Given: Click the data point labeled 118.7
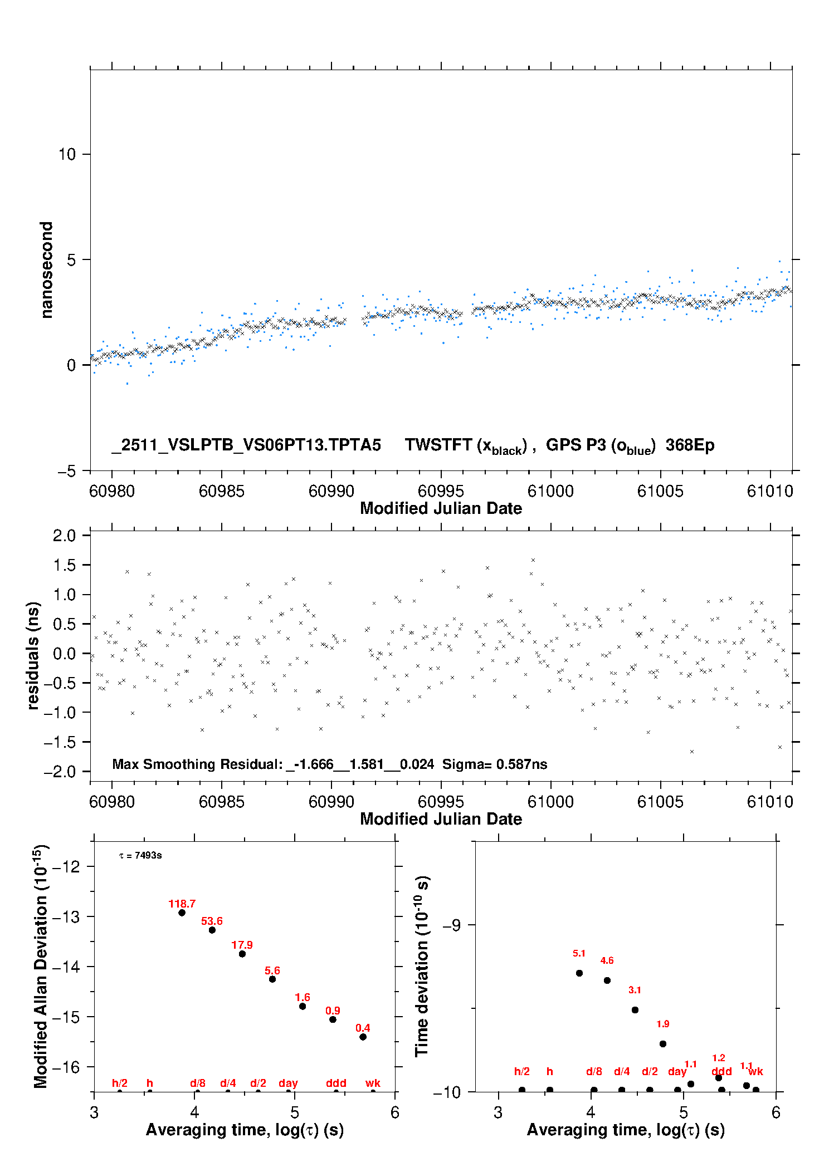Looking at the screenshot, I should click(x=182, y=913).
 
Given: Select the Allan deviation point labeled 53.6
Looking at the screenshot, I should click(x=212, y=930).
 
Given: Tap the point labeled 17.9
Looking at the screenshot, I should click(x=242, y=954).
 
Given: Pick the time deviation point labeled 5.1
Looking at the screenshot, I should click(x=579, y=973).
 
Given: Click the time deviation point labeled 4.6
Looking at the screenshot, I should click(x=607, y=980).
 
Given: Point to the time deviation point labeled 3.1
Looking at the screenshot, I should click(x=635, y=1010).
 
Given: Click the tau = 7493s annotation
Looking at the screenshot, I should click(x=140, y=855).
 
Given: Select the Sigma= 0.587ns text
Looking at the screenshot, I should click(x=495, y=764).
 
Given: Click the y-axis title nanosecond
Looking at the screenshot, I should click(x=47, y=270).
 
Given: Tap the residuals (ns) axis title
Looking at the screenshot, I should click(x=33, y=655).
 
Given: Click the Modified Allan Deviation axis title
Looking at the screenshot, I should click(x=40, y=966).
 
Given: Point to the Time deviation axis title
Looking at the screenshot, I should click(x=422, y=966).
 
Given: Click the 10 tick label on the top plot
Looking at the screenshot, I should click(x=67, y=154).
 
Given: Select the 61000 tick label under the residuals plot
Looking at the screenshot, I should click(x=550, y=802).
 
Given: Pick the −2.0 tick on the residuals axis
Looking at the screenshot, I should click(x=64, y=772).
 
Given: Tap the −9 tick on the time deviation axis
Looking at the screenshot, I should click(x=451, y=925).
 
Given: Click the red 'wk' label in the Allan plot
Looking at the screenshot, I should click(x=373, y=1083).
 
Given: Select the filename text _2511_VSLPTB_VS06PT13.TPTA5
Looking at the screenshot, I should click(x=246, y=445).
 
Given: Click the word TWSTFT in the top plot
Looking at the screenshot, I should click(x=438, y=445).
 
